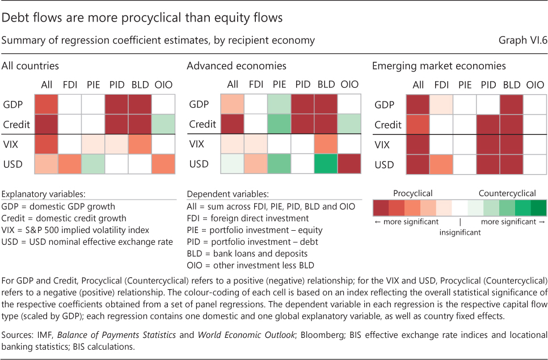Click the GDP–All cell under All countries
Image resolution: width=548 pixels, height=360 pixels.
47,104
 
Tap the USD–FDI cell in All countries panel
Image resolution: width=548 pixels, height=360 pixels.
70,164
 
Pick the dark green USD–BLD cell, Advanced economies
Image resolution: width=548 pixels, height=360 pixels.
326,164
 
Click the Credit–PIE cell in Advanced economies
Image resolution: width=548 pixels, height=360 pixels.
279,124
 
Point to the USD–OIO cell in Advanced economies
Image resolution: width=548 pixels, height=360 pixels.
349,164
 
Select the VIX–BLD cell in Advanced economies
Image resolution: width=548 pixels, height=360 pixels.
326,144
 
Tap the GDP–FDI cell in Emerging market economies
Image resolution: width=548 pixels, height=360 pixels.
441,104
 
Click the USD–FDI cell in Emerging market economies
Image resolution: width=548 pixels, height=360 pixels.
441,164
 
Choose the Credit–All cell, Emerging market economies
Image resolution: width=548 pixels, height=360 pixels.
418,124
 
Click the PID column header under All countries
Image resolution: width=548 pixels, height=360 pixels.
117,85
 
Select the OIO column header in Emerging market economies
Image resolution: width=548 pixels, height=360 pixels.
535,85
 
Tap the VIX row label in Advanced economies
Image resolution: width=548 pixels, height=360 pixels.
196,144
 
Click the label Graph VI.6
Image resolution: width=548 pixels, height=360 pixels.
522,41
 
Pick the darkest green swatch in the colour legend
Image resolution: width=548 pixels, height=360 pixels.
535,207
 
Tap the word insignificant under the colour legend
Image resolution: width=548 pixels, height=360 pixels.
460,231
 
